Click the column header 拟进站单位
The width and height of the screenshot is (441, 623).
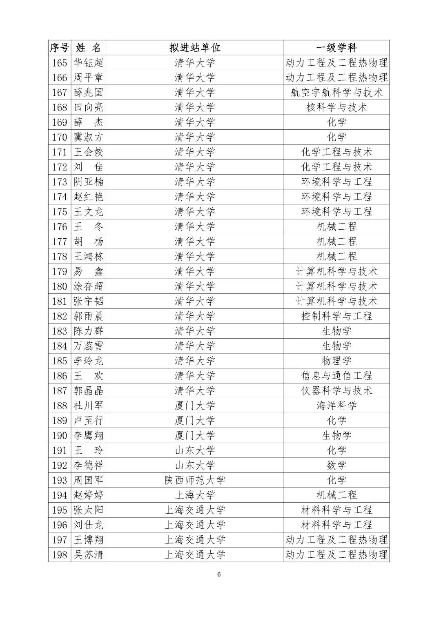click(195, 48)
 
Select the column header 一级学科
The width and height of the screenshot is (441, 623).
click(336, 48)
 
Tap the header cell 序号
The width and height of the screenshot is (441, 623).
click(60, 48)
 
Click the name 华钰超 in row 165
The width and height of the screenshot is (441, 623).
click(88, 63)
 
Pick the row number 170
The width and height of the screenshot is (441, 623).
click(60, 137)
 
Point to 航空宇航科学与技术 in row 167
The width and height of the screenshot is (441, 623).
click(336, 93)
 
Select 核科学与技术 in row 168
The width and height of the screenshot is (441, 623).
click(336, 107)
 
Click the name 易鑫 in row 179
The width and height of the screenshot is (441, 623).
click(88, 271)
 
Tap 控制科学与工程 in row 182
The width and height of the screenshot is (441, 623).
click(336, 316)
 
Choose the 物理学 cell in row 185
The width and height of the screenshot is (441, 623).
click(336, 361)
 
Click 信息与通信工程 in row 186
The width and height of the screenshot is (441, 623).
click(336, 376)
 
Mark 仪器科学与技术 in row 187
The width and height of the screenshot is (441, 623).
click(336, 391)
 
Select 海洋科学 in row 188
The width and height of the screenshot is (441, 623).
click(336, 406)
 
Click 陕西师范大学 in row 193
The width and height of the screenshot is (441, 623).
click(195, 480)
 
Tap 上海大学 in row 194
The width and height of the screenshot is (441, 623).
click(195, 495)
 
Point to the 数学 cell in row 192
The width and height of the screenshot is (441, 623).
click(336, 465)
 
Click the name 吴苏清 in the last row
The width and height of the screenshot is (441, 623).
click(88, 555)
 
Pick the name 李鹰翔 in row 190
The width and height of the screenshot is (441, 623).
click(88, 435)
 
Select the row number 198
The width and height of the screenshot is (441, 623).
click(60, 555)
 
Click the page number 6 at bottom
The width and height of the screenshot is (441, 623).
click(219, 574)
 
